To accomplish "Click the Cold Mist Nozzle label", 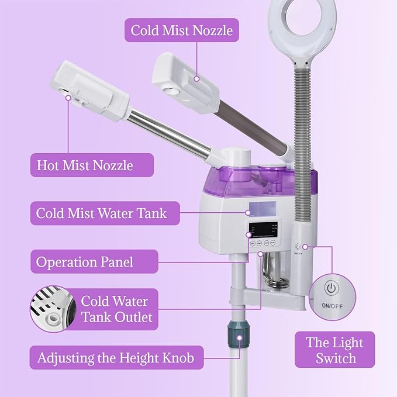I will (181, 30).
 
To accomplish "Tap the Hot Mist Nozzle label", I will (85, 165).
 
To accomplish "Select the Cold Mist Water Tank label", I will (101, 213).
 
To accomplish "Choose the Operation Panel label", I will (85, 261).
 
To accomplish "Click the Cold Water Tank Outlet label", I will (116, 309).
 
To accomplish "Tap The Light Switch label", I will (334, 350).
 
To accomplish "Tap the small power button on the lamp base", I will (299, 247).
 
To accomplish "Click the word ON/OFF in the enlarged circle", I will (332, 306).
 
